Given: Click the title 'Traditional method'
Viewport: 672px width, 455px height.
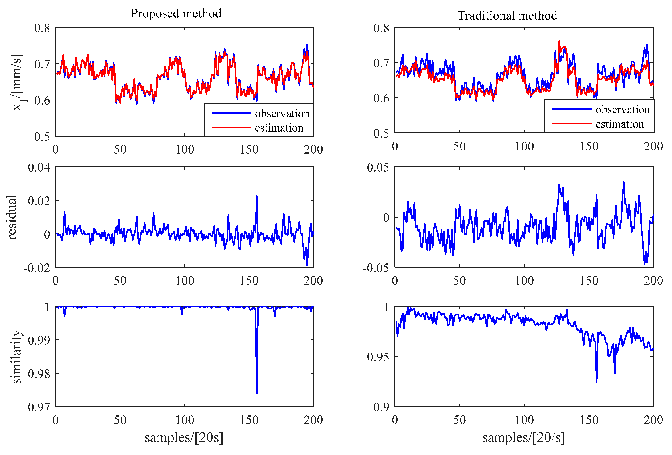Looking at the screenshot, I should click(507, 15).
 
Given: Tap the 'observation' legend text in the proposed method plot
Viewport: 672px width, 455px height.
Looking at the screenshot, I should click(282, 114).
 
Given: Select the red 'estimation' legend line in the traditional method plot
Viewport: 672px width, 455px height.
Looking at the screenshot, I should click(572, 124).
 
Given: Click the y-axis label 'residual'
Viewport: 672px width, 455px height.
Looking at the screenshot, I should click(11, 217).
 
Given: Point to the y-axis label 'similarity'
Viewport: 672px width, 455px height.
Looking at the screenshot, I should click(16, 357).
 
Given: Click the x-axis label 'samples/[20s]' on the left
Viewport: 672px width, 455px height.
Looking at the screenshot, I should click(184, 437).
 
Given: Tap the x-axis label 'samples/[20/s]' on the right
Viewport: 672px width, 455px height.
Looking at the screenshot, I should click(523, 437).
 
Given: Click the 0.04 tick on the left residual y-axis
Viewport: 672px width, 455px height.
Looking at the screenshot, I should click(39, 167).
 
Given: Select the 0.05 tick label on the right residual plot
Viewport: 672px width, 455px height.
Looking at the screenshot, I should click(378, 167).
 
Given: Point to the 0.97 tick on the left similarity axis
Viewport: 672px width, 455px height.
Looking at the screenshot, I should click(39, 407).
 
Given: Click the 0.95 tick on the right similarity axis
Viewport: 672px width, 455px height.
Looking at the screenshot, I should click(378, 357).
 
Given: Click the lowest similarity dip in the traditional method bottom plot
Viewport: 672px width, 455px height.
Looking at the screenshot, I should click(597, 382).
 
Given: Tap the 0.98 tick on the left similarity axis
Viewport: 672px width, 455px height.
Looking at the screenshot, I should click(39, 374).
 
